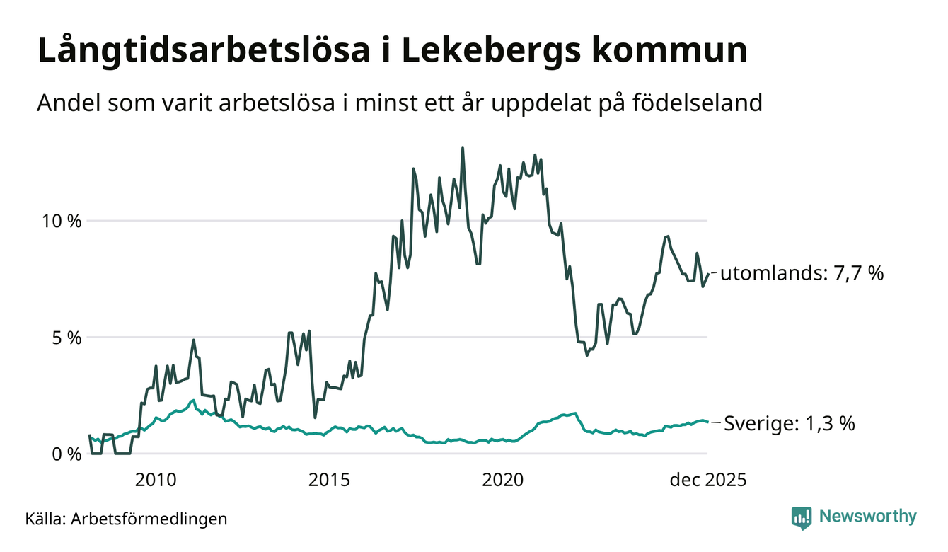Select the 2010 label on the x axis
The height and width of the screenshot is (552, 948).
155,481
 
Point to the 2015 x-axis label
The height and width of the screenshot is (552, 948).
330,481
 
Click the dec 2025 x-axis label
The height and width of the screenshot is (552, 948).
707,481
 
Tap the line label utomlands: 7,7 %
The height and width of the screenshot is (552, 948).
802,273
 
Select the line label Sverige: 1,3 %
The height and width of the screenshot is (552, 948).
790,425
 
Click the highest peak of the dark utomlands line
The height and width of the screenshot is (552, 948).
463,149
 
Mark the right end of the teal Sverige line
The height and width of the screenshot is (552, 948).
707,422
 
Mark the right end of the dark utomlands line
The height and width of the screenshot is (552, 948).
707,273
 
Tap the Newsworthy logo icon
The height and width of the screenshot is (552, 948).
802,517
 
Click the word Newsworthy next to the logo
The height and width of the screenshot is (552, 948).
867,517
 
